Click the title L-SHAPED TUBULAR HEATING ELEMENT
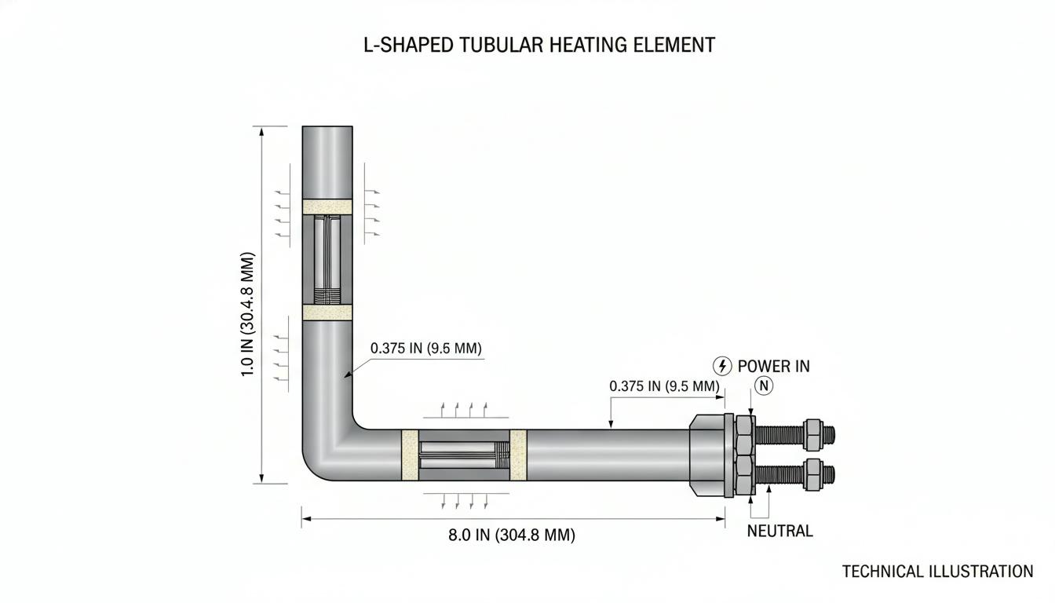tap(539, 46)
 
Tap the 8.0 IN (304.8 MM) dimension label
tap(512, 535)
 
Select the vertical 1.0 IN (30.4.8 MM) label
tap(248, 314)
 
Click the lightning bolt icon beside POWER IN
tap(722, 366)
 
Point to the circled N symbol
tap(764, 386)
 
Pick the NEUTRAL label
tap(780, 531)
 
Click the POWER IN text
tap(773, 366)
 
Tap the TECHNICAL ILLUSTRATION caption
tap(937, 572)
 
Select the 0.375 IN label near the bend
tap(426, 348)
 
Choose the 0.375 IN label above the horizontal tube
tap(664, 386)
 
